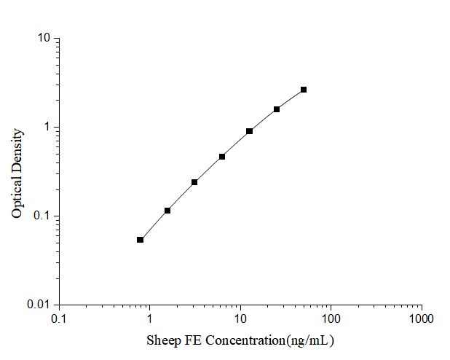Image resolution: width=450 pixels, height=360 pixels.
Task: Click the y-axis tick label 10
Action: click(43, 38)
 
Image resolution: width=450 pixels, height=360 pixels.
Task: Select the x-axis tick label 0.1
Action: click(59, 319)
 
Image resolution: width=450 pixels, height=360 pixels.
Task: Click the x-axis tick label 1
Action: click(150, 319)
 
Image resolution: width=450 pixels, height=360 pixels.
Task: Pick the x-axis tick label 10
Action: click(240, 319)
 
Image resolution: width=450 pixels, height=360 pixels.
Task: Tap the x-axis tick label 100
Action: click(331, 319)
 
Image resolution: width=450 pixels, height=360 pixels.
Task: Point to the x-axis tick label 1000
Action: click(421, 319)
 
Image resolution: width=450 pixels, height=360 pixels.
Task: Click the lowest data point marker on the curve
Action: click(141, 240)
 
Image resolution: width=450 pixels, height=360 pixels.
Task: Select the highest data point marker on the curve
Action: click(304, 90)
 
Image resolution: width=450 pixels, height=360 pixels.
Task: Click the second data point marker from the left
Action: click(167, 211)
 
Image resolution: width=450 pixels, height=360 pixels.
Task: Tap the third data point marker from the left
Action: click(194, 182)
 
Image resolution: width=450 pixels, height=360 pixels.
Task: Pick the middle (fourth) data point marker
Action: click(222, 157)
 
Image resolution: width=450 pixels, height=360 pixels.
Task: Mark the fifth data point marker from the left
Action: click(249, 131)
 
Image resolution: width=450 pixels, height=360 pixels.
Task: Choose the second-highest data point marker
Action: click(277, 109)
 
